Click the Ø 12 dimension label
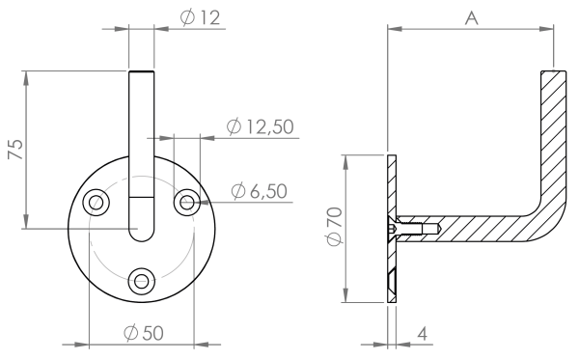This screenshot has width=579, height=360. coord(200,17)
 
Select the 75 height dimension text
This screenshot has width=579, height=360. coord(15,150)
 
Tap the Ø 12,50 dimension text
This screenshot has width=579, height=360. coord(260,126)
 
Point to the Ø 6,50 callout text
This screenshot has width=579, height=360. coord(260,191)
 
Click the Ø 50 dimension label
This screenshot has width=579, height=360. coord(144,333)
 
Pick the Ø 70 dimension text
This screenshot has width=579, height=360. coord(334,227)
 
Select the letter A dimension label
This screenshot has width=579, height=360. coord(471,17)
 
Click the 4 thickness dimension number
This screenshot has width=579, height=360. coord(423,334)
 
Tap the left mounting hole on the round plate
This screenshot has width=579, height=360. coord(96,202)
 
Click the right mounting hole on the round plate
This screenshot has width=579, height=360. coord(187,202)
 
